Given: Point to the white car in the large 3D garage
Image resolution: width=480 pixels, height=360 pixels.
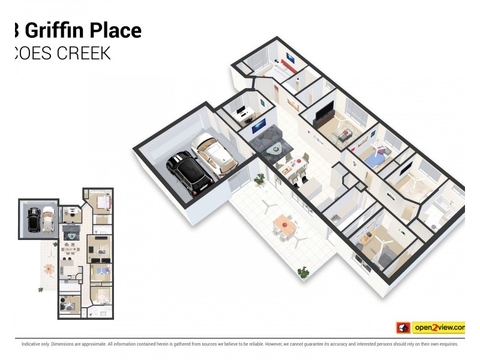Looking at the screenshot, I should tap(212, 153).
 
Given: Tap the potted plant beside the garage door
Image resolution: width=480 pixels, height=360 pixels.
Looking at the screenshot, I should tap(260, 178).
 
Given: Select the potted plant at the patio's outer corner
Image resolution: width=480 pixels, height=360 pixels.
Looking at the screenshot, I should tap(303, 272).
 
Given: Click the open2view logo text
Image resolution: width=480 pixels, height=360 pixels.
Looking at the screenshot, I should tap(439, 328).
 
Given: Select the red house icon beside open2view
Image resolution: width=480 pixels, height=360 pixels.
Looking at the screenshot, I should tap(403, 328).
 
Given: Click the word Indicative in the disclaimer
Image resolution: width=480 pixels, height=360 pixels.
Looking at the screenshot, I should tap(32, 344).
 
